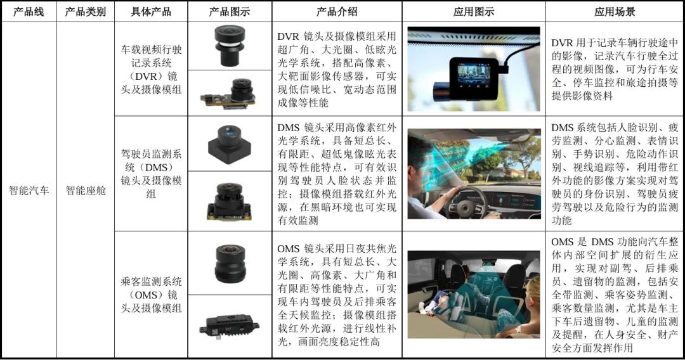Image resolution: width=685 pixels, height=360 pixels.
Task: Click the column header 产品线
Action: coord(29,12)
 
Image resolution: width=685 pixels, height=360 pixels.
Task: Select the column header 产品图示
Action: coord(230,12)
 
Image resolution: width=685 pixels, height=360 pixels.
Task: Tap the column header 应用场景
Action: coord(615,12)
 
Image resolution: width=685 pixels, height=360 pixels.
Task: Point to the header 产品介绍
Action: coord(337,12)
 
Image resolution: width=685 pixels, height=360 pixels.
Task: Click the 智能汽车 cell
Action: coord(29,190)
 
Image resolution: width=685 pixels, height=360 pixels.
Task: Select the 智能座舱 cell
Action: coord(86,190)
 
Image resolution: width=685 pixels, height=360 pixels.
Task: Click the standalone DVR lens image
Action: coord(230,46)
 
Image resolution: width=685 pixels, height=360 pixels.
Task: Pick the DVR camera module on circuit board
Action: coord(229,93)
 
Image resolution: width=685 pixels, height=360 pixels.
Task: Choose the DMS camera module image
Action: coord(229,201)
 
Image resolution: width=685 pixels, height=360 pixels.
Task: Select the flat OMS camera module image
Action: coord(229,326)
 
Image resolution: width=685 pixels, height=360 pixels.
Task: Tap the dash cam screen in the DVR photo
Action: coord(474,75)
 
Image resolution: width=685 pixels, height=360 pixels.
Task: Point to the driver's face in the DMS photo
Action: coord(420,170)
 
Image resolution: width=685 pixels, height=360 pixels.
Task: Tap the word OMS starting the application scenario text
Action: coord(563,241)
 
